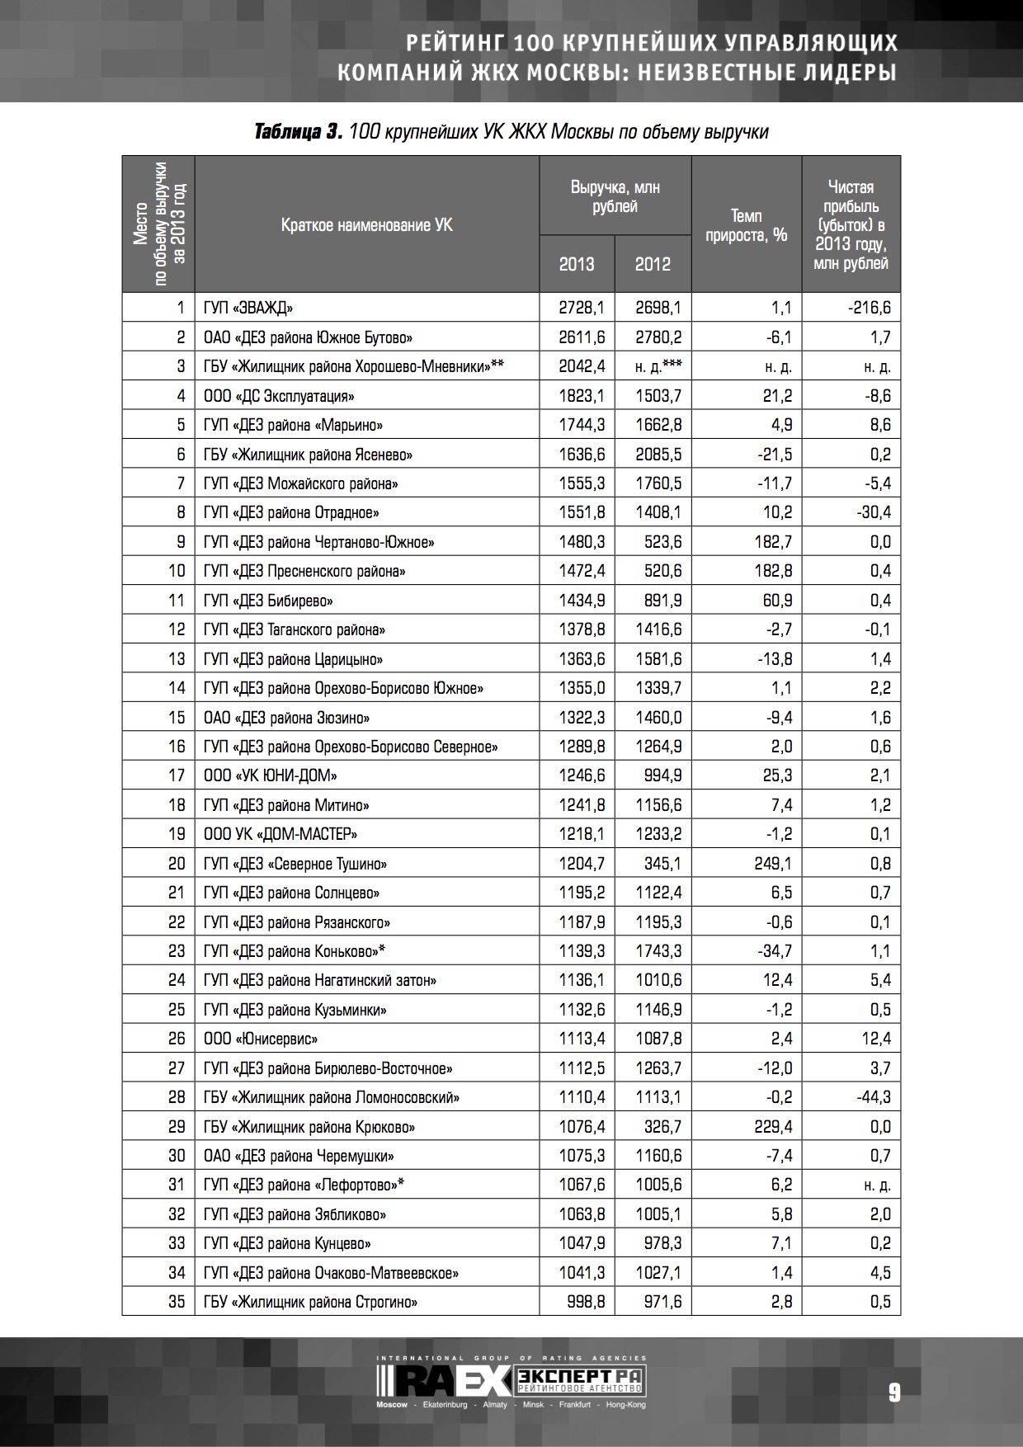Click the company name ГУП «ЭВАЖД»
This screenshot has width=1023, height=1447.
pyautogui.click(x=248, y=309)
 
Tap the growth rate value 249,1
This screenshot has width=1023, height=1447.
pyautogui.click(x=772, y=864)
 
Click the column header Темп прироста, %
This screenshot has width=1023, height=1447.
pyautogui.click(x=747, y=225)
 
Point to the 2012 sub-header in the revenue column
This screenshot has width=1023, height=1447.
pyautogui.click(x=653, y=264)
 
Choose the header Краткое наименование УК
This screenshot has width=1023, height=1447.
pyautogui.click(x=366, y=225)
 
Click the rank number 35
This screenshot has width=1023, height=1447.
pyautogui.click(x=177, y=1302)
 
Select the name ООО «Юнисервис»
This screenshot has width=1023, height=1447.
pyautogui.click(x=261, y=1039)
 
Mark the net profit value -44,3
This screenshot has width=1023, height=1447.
pyautogui.click(x=874, y=1097)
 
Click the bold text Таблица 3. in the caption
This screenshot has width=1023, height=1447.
pyautogui.click(x=299, y=132)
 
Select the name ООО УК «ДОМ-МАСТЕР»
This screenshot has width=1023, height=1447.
pyautogui.click(x=280, y=834)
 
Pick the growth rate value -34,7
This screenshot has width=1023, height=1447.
pyautogui.click(x=775, y=951)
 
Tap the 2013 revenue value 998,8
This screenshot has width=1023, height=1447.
pyautogui.click(x=587, y=1302)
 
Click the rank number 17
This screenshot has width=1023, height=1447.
pyautogui.click(x=177, y=775)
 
